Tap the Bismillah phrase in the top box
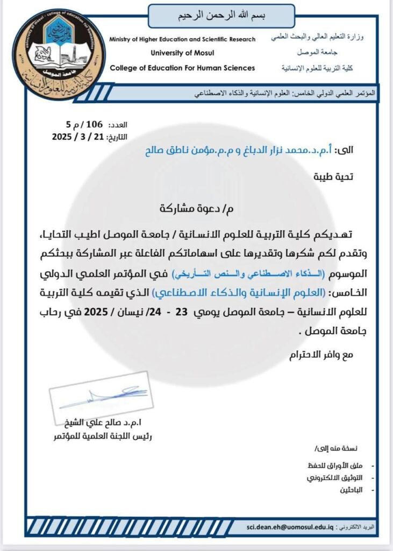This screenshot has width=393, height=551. point(221,16)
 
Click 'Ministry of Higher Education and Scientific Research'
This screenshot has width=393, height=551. point(182,40)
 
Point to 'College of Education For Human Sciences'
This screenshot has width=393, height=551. point(182,68)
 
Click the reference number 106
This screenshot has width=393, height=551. point(94,124)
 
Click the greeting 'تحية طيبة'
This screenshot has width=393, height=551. point(334,176)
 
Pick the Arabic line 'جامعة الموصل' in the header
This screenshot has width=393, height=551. point(316,53)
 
